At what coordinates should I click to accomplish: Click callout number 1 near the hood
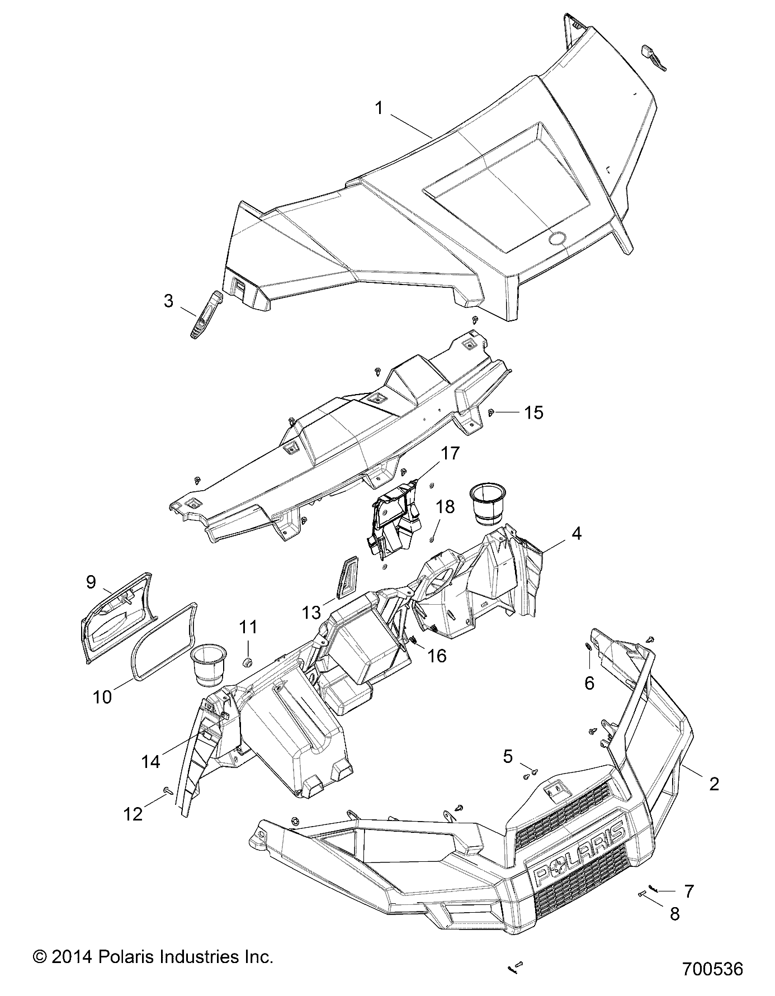pyautogui.click(x=379, y=108)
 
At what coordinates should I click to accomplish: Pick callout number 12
pyautogui.click(x=133, y=814)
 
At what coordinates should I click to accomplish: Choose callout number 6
pyautogui.click(x=589, y=682)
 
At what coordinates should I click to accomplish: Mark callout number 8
pyautogui.click(x=675, y=914)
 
